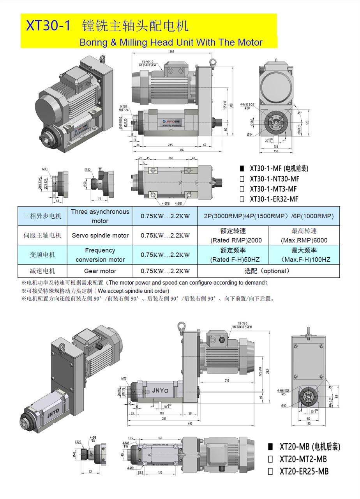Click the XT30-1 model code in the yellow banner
[48, 26]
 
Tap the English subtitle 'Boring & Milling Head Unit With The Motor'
[171, 42]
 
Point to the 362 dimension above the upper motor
[172, 51]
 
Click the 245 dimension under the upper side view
[170, 145]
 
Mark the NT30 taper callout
[124, 106]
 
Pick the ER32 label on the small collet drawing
[88, 170]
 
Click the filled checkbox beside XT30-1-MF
[242, 169]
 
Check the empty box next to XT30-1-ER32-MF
[242, 199]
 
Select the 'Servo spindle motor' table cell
[100, 235]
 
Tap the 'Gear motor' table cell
[100, 271]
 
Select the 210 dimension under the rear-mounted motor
[226, 380]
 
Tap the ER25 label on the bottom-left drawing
[78, 442]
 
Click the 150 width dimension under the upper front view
[275, 151]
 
